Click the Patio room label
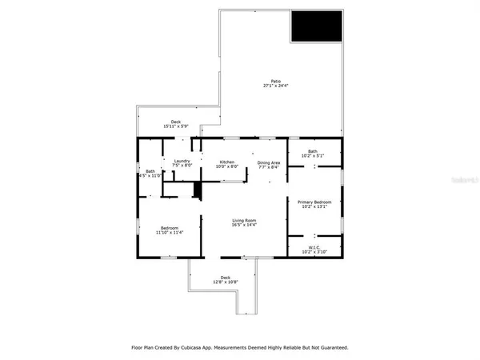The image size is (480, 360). pyautogui.click(x=275, y=81)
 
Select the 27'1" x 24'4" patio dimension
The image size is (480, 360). pyautogui.click(x=275, y=86)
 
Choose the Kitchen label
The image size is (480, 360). pyautogui.click(x=228, y=162)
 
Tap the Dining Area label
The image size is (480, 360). pyautogui.click(x=269, y=162)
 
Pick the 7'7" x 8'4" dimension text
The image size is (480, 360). pyautogui.click(x=269, y=167)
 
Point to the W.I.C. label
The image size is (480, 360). pyautogui.click(x=315, y=246)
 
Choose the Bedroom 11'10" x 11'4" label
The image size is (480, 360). pyautogui.click(x=170, y=230)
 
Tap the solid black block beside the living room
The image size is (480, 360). pyautogui.click(x=196, y=190)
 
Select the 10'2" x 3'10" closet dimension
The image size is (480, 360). pyautogui.click(x=315, y=251)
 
